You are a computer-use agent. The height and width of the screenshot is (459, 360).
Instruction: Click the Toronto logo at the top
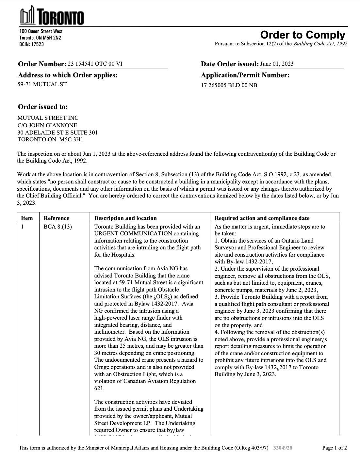52,15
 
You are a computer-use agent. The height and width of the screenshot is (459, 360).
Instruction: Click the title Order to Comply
302,35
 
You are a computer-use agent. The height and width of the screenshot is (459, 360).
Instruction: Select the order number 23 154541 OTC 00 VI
95,64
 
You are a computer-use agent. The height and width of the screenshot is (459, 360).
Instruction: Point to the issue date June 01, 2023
276,64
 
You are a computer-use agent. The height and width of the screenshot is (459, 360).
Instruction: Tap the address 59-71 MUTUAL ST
42,84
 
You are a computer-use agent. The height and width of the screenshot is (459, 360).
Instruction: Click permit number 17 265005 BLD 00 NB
229,85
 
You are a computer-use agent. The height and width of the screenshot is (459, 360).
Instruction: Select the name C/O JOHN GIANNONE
47,125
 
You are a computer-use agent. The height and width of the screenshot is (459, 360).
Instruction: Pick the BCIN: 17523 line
31,44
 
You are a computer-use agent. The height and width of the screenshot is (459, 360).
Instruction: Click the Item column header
27,218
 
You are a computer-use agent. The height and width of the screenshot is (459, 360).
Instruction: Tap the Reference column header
56,218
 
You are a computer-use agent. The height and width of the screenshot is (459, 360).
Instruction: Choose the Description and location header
125,218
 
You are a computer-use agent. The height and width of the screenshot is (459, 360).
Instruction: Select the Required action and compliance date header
262,218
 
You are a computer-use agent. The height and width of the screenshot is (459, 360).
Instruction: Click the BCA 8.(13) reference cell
57,227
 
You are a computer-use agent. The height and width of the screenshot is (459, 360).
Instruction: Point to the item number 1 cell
22,227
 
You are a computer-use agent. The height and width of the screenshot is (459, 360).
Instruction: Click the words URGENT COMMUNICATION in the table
133,233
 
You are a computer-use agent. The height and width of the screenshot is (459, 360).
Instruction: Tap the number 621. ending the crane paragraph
99,388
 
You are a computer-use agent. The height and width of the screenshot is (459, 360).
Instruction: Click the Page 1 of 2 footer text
335,448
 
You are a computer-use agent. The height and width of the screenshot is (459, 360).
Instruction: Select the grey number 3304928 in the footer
283,448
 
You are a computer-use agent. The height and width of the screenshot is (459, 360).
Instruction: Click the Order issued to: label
43,107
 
